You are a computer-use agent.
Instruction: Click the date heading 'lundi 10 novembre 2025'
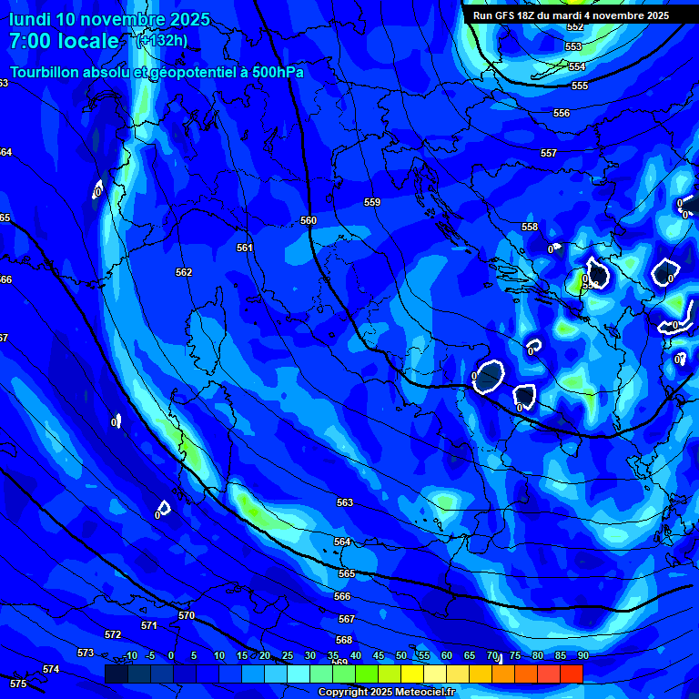109,19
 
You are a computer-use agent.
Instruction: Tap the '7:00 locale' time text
64,41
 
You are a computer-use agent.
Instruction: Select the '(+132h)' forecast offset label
163,40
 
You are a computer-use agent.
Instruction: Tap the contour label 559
372,202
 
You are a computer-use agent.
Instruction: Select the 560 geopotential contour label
309,220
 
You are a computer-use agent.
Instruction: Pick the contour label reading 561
245,248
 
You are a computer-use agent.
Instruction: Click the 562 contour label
184,272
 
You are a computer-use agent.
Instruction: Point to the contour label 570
187,615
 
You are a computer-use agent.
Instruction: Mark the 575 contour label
18,683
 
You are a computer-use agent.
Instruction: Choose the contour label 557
548,153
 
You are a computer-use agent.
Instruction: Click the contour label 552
575,27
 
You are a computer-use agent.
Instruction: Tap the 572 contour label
113,634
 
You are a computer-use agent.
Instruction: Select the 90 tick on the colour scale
582,655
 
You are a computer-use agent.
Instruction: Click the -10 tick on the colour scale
130,655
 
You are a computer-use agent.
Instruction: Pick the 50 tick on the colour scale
401,655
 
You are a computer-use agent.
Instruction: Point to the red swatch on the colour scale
571,674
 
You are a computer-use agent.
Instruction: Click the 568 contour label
344,640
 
